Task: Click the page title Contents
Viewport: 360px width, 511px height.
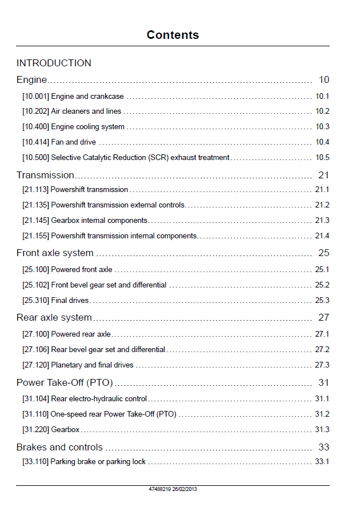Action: tap(173, 35)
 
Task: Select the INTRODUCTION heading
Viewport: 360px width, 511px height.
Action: tap(54, 63)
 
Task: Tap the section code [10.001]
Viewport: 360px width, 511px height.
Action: tap(36, 97)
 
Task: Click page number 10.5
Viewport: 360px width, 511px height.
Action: tap(322, 157)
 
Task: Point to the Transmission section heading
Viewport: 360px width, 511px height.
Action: tap(45, 175)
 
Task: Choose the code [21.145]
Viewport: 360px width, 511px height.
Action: tap(36, 221)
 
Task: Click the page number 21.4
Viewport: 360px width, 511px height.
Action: tap(322, 235)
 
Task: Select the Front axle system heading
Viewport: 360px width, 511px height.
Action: tap(55, 253)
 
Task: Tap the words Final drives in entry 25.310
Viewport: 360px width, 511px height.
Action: tap(70, 300)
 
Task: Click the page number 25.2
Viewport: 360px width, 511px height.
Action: tap(322, 285)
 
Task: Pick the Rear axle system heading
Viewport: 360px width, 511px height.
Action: tap(54, 317)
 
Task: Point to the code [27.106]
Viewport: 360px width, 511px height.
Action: tap(36, 350)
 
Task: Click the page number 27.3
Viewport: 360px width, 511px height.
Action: tap(322, 365)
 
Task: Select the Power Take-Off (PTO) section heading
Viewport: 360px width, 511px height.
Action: tap(65, 382)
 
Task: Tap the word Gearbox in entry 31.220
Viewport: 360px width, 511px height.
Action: tap(66, 429)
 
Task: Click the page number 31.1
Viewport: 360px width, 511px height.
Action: tap(322, 398)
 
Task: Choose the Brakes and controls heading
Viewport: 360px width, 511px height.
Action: tap(59, 447)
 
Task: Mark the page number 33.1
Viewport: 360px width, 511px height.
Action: tap(322, 461)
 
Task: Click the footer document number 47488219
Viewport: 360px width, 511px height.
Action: tap(159, 489)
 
